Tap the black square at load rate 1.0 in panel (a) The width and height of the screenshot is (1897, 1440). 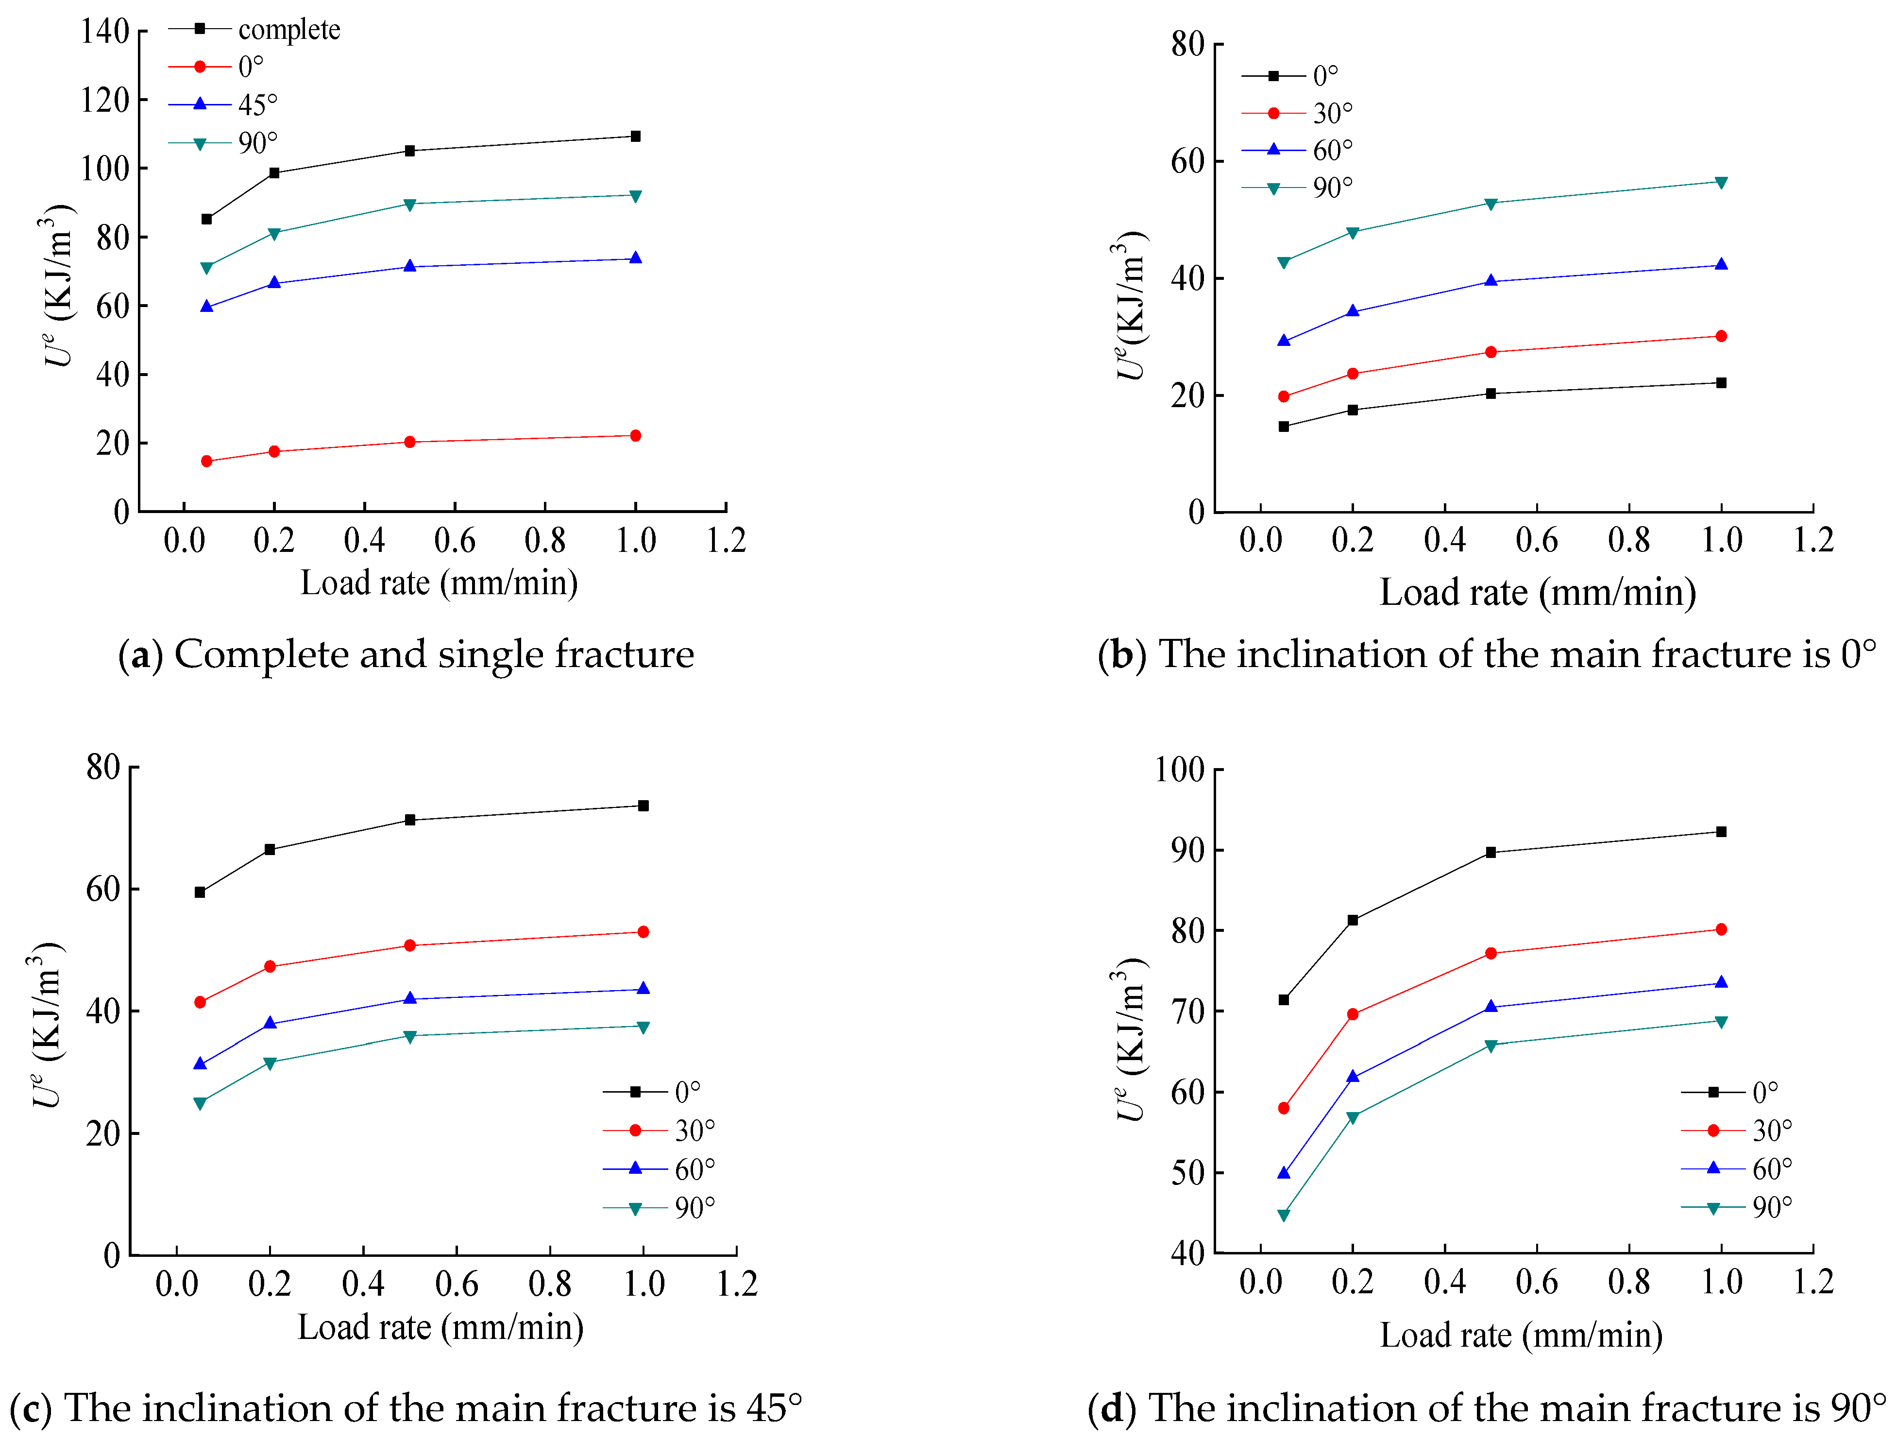(x=635, y=137)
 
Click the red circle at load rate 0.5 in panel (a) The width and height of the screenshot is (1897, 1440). (x=410, y=442)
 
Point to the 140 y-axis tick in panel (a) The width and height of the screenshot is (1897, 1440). (x=104, y=32)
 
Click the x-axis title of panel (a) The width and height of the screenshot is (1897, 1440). (x=439, y=583)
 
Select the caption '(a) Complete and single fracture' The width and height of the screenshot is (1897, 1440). (x=406, y=654)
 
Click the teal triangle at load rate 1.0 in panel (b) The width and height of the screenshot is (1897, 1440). (x=1721, y=182)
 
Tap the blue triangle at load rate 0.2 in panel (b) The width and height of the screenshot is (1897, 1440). (x=1353, y=311)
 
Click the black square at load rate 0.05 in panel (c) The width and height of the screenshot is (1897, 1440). (x=200, y=892)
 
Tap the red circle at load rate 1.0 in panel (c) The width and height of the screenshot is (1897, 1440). (x=643, y=931)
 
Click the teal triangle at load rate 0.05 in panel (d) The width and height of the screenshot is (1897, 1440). (x=1284, y=1215)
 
